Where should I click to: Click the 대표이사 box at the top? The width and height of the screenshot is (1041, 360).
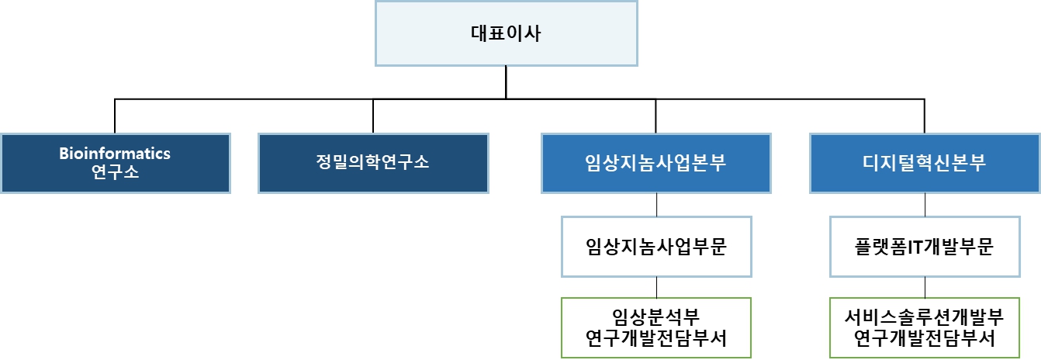pos(506,33)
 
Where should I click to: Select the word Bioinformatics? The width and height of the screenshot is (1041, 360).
pos(115,154)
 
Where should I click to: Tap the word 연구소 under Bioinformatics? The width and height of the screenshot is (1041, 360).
pos(115,171)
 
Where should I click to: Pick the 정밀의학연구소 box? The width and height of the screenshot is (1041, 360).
pos(373,163)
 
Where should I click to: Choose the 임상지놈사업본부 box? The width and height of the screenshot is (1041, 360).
pos(656,163)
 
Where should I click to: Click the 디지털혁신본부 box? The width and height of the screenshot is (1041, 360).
pos(925,163)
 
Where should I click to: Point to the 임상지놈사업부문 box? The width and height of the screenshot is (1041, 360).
pos(656,247)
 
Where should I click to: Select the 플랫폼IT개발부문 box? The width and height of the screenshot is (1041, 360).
pos(925,247)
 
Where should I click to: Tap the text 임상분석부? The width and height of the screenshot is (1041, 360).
pos(656,317)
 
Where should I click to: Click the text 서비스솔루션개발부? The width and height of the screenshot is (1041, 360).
pos(925,317)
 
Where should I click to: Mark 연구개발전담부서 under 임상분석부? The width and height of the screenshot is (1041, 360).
pos(656,338)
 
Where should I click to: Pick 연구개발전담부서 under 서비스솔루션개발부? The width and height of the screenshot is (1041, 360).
pos(925,338)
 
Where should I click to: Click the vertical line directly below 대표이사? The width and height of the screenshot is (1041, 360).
pos(506,81)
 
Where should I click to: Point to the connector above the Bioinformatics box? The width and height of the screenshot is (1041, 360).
pos(115,116)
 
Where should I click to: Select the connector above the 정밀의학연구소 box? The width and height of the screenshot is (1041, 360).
pos(373,116)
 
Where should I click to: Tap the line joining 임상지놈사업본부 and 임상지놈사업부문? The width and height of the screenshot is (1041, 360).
pos(657,205)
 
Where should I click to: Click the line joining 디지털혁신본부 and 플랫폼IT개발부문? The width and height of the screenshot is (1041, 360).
pos(925,205)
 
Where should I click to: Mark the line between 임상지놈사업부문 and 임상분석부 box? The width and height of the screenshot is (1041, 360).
pos(657,287)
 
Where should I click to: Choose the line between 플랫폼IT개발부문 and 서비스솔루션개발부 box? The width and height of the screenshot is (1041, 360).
pos(925,287)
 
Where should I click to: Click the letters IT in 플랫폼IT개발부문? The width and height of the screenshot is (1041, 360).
pos(919,247)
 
